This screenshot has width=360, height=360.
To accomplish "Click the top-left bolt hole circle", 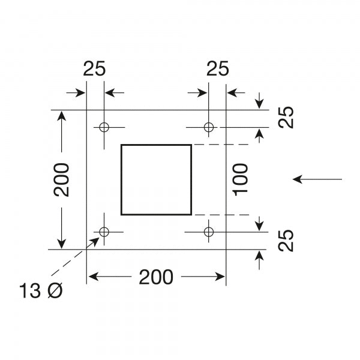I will pyautogui.click(x=104, y=127).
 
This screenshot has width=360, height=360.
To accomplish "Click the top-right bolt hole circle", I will pyautogui.click(x=208, y=127).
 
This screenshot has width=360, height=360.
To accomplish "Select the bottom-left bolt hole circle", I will pyautogui.click(x=104, y=232).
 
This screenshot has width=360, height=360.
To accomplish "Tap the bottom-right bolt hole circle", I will pyautogui.click(x=208, y=232).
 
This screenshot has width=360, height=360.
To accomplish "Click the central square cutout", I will pyautogui.click(x=156, y=179).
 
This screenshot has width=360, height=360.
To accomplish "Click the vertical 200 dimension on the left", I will pyautogui.click(x=61, y=179).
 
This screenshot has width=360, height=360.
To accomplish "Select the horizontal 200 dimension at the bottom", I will pyautogui.click(x=156, y=277).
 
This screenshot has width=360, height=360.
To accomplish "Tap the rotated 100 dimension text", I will pyautogui.click(x=241, y=179).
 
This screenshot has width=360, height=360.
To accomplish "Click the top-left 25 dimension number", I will pyautogui.click(x=95, y=69).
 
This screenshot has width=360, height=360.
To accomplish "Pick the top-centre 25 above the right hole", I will pyautogui.click(x=217, y=69).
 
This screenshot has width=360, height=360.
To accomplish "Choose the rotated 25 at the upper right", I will pyautogui.click(x=287, y=119).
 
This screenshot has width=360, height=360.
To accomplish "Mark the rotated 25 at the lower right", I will pyautogui.click(x=287, y=241).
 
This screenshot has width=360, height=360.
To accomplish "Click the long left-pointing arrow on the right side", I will pyautogui.click(x=318, y=179).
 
